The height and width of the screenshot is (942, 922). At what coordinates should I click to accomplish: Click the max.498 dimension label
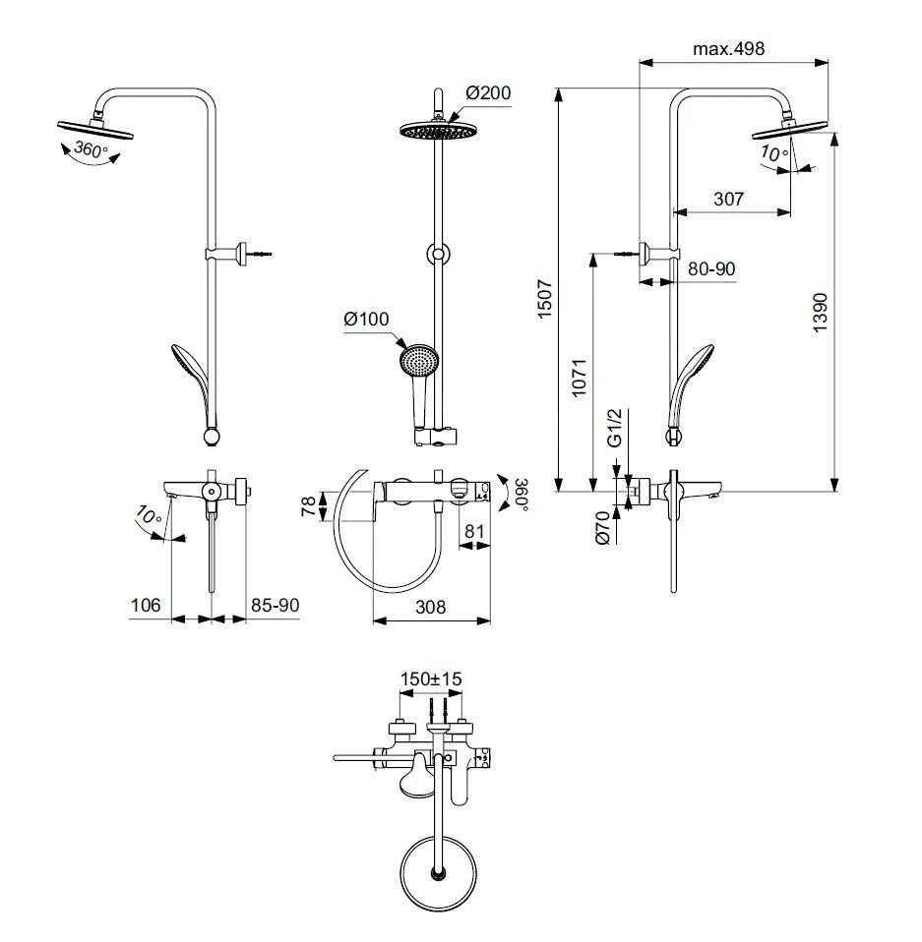coord(728,48)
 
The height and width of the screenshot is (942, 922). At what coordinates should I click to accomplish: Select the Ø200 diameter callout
coord(488,93)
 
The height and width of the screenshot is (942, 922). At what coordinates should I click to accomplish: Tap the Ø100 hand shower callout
coord(367,319)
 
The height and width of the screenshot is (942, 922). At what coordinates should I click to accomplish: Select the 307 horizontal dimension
coord(728,199)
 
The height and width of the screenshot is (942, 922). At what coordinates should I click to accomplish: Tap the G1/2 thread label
coord(613,429)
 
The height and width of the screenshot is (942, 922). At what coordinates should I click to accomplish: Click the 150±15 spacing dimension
coord(431,678)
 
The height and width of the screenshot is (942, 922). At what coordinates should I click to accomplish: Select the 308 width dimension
coord(429,607)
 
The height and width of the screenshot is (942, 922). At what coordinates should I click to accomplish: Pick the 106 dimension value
coord(147,606)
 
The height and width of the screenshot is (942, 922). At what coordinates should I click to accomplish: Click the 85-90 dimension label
coord(274,606)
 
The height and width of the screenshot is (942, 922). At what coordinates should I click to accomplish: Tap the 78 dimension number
coord(309,506)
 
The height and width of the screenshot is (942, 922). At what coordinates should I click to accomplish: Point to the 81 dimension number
coord(474,531)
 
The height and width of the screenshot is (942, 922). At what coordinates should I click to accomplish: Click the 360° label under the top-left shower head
coord(85,150)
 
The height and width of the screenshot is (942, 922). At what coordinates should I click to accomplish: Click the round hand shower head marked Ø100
coord(418,360)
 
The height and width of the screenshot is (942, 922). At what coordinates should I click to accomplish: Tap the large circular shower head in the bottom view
coord(438,870)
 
